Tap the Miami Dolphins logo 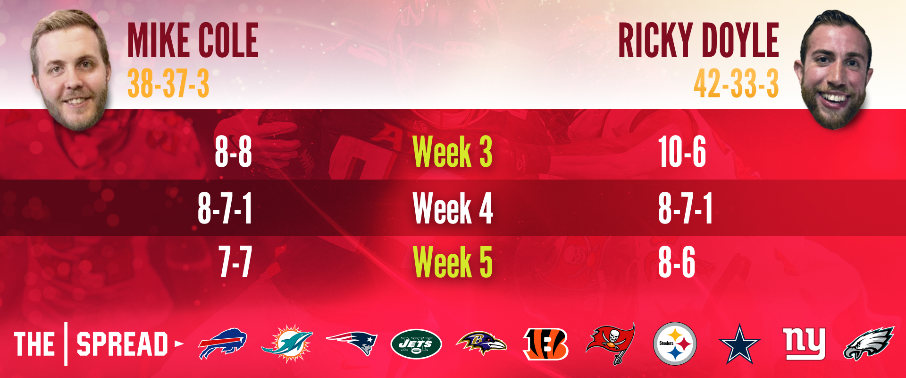point(287,344)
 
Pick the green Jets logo point(416,344)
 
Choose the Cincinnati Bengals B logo point(545,344)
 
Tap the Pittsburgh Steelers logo point(675,344)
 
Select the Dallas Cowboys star point(739,344)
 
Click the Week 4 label point(453,208)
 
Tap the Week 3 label point(453,152)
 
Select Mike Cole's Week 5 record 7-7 point(235,261)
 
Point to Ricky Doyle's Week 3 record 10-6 point(682,152)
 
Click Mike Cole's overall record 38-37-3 point(168,83)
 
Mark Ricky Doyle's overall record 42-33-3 point(736,83)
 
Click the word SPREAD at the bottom point(122,344)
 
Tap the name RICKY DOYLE point(698,40)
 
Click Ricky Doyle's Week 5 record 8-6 point(677,261)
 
